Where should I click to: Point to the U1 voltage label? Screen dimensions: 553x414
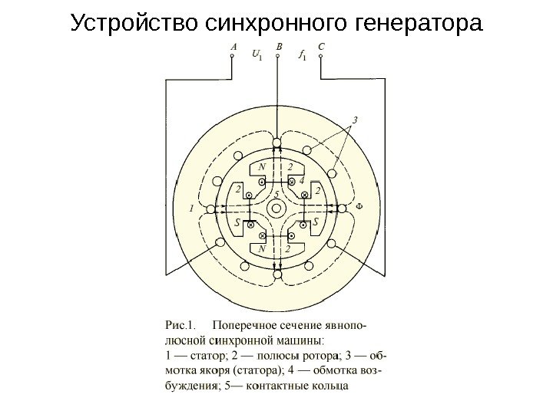tap(256, 54)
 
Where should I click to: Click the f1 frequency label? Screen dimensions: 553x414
tap(301, 54)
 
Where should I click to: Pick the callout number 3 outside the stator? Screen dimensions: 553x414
tap(355, 119)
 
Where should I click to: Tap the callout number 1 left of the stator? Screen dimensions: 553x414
tap(191, 208)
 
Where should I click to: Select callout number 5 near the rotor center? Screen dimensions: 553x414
tap(276, 194)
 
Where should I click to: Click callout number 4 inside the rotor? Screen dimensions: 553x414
tap(302, 180)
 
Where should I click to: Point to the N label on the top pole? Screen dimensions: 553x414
tap(263, 166)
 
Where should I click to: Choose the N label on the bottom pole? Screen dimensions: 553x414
tap(263, 248)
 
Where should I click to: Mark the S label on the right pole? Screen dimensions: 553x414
tap(316, 222)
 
